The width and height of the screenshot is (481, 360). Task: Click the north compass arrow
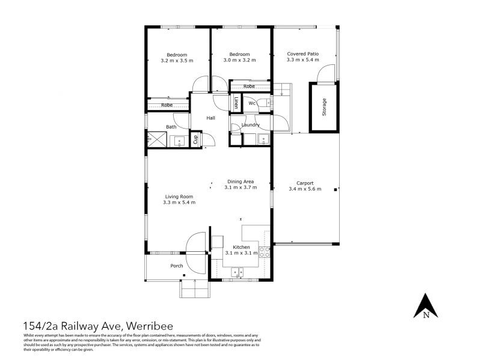[x=426, y=305]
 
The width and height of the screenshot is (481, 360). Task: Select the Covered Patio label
[x=302, y=53]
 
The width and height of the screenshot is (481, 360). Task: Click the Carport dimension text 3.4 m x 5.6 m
[x=305, y=189]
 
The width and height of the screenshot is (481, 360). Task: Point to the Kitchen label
[x=240, y=247]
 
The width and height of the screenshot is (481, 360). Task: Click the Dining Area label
[x=240, y=181]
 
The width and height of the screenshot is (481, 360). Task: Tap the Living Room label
[x=179, y=196]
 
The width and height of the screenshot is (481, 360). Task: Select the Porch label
[x=177, y=266]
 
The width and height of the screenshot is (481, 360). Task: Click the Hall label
[x=211, y=118]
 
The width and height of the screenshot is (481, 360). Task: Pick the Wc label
[x=253, y=103]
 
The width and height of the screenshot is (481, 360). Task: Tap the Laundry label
[x=250, y=125]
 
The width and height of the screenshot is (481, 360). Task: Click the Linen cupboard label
[x=236, y=103]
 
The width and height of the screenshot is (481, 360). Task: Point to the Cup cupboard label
[x=195, y=139]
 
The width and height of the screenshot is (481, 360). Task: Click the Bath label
[x=171, y=127]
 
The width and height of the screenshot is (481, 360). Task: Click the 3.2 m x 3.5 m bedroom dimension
[x=177, y=61]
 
